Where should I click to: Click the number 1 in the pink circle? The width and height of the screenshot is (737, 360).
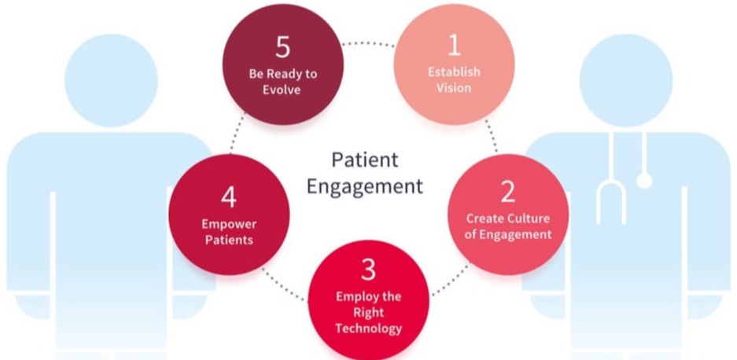click(453, 46)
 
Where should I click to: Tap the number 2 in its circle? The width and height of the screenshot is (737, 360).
click(508, 191)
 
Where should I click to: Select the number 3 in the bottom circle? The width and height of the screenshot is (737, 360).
click(368, 270)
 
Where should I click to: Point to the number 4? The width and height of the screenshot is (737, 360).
click(228, 197)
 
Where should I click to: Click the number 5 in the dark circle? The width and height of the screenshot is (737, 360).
click(283, 47)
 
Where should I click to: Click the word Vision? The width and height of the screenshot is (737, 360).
click(454, 87)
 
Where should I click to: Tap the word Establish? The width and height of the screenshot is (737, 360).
click(454, 72)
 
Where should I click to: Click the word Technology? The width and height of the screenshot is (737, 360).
click(368, 328)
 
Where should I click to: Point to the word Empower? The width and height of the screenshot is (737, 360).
click(228, 224)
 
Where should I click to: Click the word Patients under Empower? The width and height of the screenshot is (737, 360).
click(228, 239)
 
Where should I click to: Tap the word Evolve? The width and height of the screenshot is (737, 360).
click(283, 89)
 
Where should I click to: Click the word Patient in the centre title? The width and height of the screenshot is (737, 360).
click(364, 160)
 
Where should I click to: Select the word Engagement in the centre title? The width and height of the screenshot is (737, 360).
click(364, 186)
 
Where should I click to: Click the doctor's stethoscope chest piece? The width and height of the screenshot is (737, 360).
click(643, 181)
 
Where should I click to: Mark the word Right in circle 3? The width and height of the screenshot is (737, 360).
click(368, 312)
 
